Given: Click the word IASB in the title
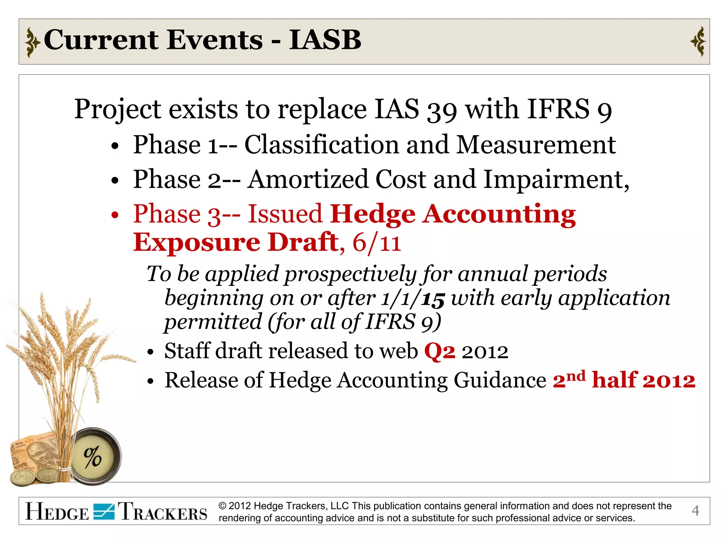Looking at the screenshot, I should pos(325,40).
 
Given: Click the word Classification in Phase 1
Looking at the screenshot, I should pos(321,145).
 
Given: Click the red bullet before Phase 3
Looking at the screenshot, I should pos(114,215).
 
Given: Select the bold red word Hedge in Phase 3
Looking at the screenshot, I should pos(372,214).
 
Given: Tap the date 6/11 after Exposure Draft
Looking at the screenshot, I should pos(377,243).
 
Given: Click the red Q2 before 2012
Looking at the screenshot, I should pos(439,351).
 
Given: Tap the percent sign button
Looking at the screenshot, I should pos(93,457).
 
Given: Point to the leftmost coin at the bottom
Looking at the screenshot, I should pos(22,478).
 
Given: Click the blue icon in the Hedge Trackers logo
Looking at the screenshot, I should pos(104,512).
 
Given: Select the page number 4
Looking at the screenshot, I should pos(695,511).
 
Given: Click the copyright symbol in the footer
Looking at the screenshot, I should pos(222,506).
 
